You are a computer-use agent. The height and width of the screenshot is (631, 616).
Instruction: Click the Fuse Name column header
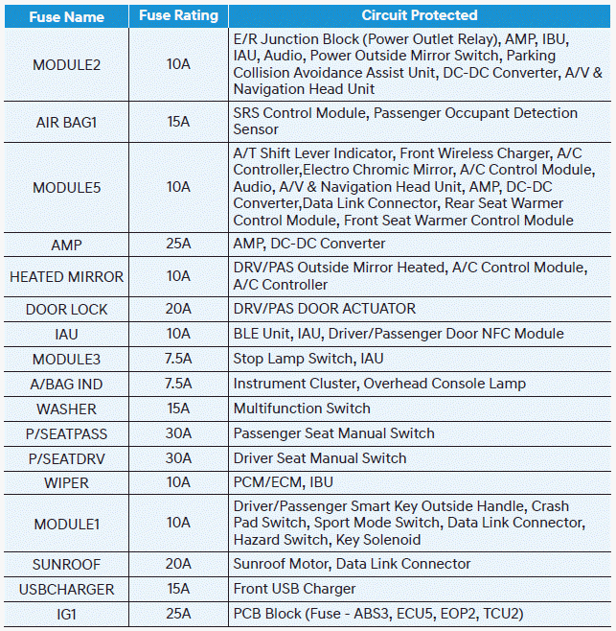pyautogui.click(x=66, y=16)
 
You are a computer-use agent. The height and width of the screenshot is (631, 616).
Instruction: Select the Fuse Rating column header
pyautogui.click(x=179, y=16)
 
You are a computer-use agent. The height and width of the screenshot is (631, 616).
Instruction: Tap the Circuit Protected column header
pyautogui.click(x=419, y=16)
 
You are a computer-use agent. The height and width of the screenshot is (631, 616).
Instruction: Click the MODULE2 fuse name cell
pyautogui.click(x=66, y=65)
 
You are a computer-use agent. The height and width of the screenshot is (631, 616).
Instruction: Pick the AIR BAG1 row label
pyautogui.click(x=66, y=122)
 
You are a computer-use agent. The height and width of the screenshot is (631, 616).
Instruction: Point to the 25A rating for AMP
pyautogui.click(x=179, y=244)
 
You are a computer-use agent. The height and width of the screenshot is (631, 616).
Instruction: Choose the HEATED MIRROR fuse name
pyautogui.click(x=66, y=276)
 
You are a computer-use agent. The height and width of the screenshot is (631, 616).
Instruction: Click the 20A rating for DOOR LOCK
pyautogui.click(x=179, y=309)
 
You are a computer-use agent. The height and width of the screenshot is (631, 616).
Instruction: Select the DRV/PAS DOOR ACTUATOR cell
pyautogui.click(x=325, y=309)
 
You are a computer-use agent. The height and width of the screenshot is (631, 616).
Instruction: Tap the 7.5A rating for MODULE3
pyautogui.click(x=179, y=359)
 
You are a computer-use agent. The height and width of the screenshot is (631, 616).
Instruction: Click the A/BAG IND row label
pyautogui.click(x=66, y=384)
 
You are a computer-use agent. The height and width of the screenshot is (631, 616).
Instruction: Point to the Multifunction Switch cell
pyautogui.click(x=302, y=409)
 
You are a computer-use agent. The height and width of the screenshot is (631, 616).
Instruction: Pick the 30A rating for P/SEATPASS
pyautogui.click(x=179, y=433)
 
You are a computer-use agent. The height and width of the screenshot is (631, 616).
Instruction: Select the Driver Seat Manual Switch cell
pyautogui.click(x=320, y=458)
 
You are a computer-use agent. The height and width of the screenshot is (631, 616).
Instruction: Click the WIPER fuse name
pyautogui.click(x=66, y=482)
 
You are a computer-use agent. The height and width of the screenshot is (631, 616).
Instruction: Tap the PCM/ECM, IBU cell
pyautogui.click(x=284, y=482)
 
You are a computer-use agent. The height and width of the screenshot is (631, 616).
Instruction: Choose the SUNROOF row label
pyautogui.click(x=66, y=564)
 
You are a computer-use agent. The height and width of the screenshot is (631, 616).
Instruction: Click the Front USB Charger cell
pyautogui.click(x=294, y=589)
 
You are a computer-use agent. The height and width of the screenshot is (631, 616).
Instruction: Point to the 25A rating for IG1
pyautogui.click(x=179, y=614)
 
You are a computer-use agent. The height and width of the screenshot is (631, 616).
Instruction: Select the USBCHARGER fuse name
pyautogui.click(x=66, y=589)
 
